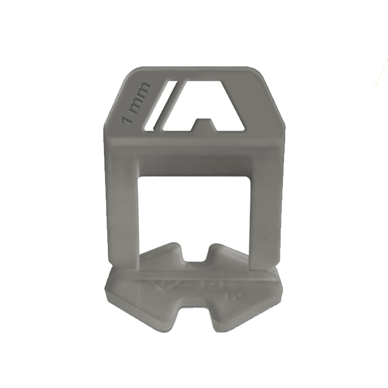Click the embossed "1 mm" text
[136, 103]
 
